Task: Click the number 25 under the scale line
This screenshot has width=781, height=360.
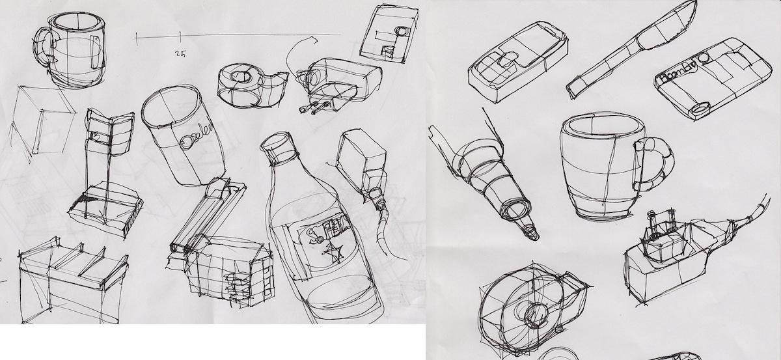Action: (x=180, y=55)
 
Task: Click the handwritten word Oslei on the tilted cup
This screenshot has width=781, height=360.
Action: (x=196, y=138)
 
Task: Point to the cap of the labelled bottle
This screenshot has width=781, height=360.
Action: (x=279, y=147)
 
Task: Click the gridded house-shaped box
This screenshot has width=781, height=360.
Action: (x=228, y=267)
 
